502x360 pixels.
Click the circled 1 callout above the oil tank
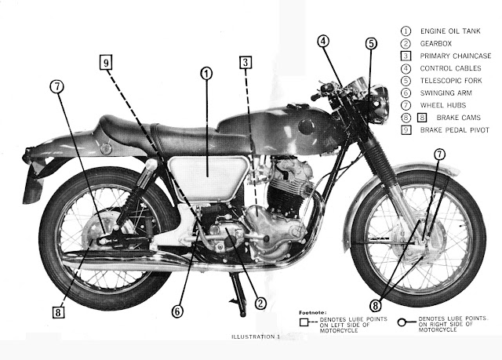(x=206, y=75)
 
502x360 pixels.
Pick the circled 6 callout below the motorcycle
(x=178, y=311)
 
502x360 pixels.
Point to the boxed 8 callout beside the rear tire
(x=58, y=311)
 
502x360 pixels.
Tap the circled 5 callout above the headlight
(x=371, y=44)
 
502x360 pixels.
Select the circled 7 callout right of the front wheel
(x=439, y=154)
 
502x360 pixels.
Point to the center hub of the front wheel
(x=420, y=238)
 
